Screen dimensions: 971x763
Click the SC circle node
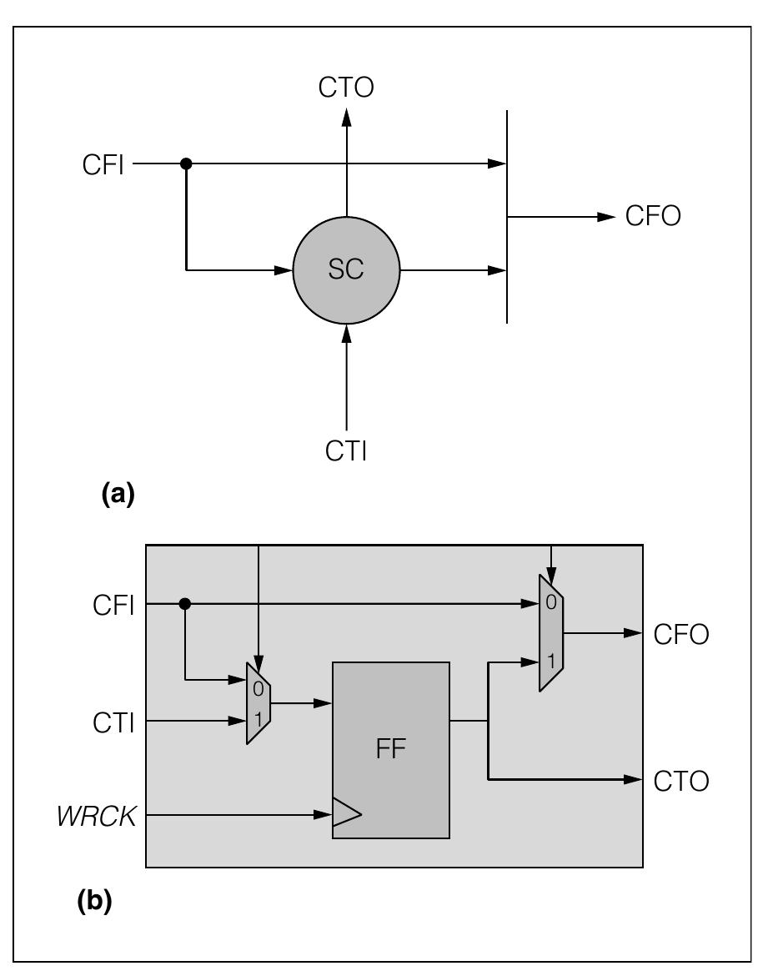346,270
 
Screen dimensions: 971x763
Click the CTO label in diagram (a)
346,88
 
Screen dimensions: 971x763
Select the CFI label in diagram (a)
103,165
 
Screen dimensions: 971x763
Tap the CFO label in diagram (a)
653,217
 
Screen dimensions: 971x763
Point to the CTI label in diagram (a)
346,451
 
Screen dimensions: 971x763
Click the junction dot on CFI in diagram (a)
186,164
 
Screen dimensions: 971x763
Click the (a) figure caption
117,494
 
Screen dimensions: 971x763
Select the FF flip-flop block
391,749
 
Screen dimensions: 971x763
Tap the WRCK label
96,817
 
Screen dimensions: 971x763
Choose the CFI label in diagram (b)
113,605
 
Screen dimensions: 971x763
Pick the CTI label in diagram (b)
113,722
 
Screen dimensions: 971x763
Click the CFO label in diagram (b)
681,635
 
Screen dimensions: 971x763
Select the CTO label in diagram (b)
681,782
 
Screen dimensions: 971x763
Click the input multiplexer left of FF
259,703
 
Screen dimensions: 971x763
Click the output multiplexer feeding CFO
551,632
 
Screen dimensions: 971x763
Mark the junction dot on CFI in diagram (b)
185,603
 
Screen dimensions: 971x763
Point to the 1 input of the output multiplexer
550,662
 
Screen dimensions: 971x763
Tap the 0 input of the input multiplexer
258,689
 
